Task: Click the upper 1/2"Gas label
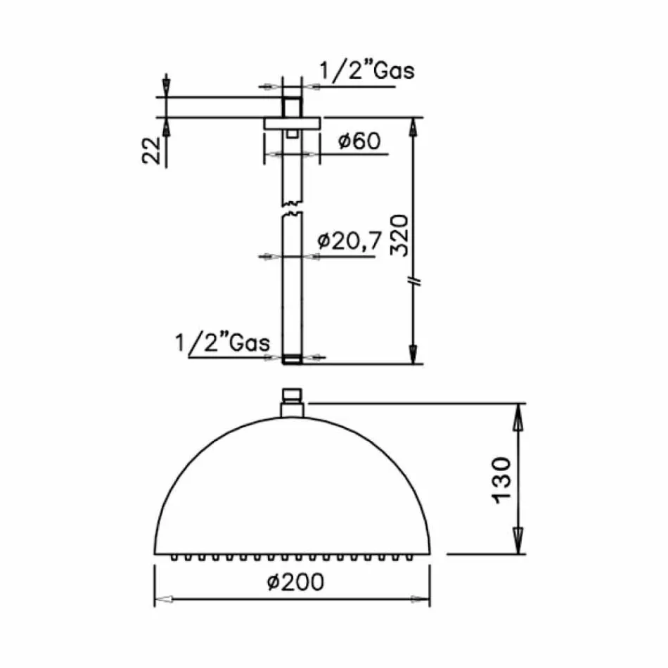click(x=367, y=70)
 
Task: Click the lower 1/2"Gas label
click(x=223, y=342)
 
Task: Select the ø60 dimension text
click(x=359, y=141)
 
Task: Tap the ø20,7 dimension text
click(x=349, y=240)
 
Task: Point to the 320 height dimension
click(x=399, y=235)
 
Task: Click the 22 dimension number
click(x=152, y=150)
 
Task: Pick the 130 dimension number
click(x=501, y=480)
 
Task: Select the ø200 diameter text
click(x=295, y=582)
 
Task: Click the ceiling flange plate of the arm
click(x=292, y=123)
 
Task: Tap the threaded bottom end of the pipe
click(x=292, y=359)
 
